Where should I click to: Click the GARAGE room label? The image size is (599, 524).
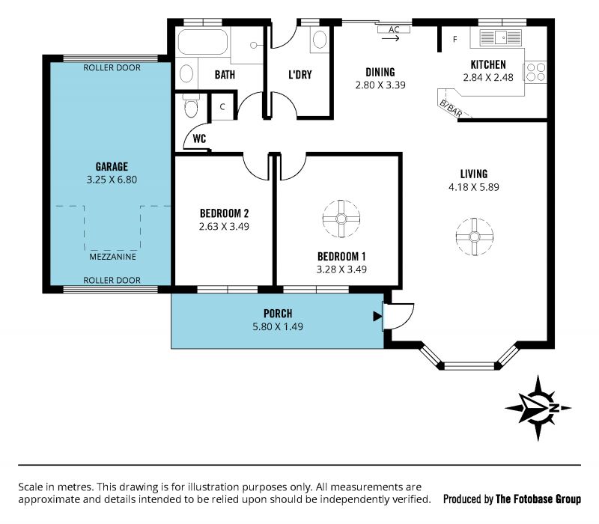[112, 166]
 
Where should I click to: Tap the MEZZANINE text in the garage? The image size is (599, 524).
[113, 257]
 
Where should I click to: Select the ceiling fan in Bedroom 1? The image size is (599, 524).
[341, 219]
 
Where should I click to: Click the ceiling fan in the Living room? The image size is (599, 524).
[475, 237]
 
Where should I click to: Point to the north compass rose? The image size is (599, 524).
[538, 408]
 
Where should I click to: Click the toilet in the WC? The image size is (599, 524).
[191, 106]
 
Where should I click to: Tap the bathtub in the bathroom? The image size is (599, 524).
[203, 42]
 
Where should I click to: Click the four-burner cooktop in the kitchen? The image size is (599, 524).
[535, 72]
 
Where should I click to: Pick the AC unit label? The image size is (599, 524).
[394, 29]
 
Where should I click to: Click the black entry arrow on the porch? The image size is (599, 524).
[377, 316]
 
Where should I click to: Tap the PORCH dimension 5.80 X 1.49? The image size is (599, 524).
[278, 326]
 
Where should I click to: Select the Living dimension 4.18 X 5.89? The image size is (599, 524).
[474, 186]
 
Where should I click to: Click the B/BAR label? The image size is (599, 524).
[451, 109]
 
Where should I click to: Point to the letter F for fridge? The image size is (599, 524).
[455, 39]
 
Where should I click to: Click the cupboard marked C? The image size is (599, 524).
[222, 106]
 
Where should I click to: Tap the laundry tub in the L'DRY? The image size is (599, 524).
[320, 40]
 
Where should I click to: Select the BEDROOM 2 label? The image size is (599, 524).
[224, 213]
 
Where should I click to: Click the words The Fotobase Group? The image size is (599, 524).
[538, 499]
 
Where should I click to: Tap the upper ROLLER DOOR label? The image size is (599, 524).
[112, 67]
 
